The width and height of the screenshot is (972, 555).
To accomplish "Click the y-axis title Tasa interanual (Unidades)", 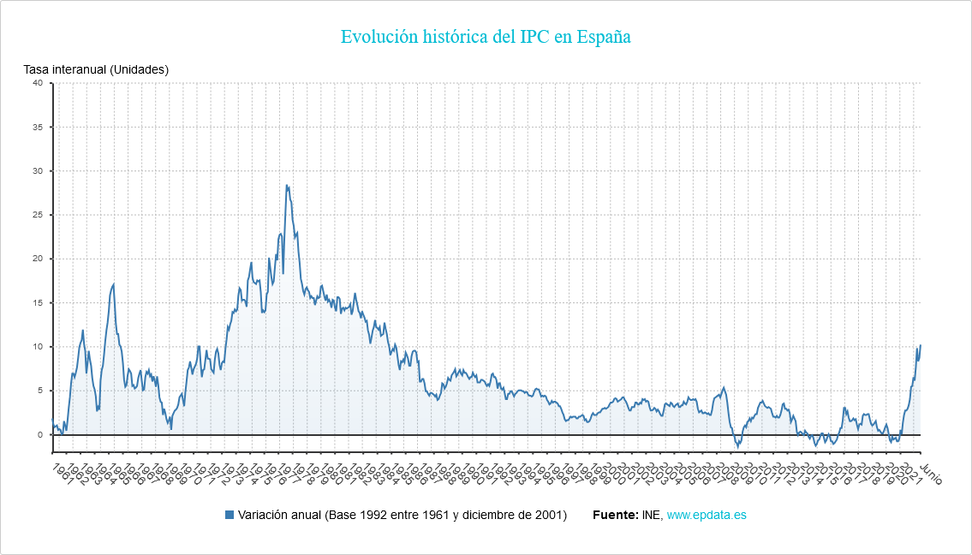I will pos(96,69).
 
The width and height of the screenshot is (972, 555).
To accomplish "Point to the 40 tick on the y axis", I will pos(37,83).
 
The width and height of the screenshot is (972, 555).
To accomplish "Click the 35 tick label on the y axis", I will pos(37,127).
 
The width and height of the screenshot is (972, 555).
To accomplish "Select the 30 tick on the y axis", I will pos(37,171).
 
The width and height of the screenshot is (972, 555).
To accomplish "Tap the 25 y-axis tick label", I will pos(37,215).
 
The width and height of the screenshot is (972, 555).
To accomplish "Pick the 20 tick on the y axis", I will pos(37,259).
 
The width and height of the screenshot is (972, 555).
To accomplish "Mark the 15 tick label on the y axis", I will pos(37,303).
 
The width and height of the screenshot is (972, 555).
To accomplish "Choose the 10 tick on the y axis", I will pos(37,347).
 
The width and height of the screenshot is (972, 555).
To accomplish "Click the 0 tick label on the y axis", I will pos(39,435).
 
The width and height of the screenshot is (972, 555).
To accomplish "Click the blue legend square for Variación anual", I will pos(229,515).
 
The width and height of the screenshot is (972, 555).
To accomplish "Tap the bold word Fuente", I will pos(614,515).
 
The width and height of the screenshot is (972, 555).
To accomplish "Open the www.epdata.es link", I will pos(707,515).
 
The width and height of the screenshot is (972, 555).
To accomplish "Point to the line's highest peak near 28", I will pos(287,185).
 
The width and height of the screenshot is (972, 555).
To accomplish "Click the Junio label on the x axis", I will pos(930,474).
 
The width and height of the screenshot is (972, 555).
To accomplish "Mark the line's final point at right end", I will pos(921,345).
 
